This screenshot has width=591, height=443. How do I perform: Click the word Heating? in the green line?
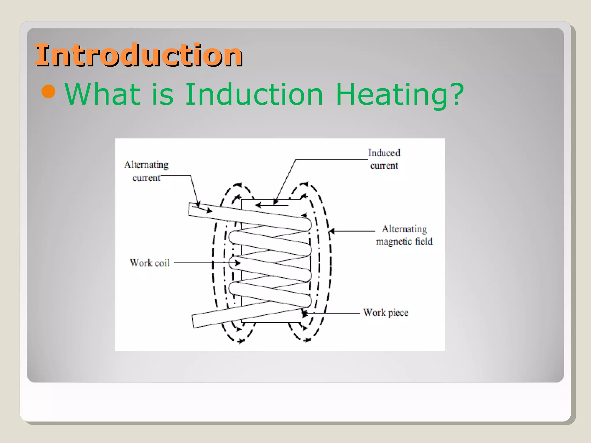(400, 95)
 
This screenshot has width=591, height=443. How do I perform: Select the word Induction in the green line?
(254, 94)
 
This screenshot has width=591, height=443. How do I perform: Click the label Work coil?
(150, 263)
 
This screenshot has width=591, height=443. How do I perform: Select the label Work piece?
(386, 313)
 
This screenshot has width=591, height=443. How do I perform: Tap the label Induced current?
(384, 159)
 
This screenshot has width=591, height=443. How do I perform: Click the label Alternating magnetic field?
(404, 235)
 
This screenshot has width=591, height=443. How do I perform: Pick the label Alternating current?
(146, 171)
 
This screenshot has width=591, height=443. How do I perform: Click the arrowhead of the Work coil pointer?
(238, 263)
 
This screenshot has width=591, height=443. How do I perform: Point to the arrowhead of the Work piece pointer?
(304, 313)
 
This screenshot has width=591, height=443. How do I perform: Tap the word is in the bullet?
(162, 94)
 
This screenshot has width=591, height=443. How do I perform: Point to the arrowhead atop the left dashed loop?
(238, 185)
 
